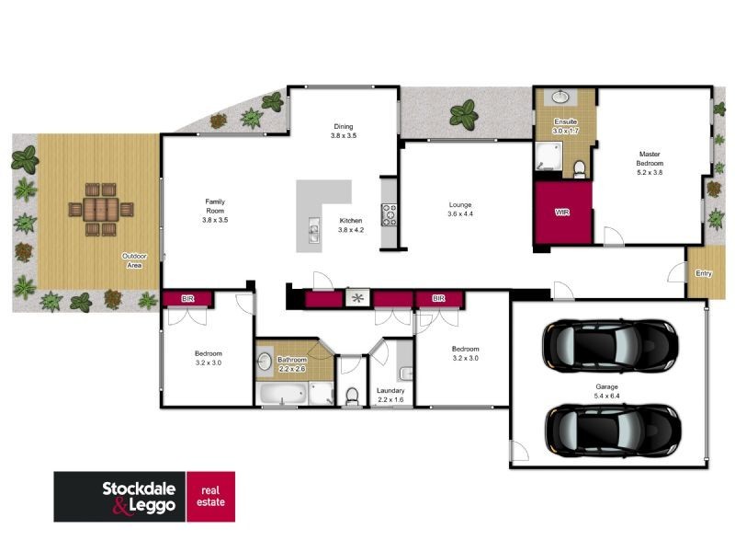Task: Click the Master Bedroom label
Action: [x=650, y=163]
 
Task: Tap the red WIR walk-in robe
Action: [x=562, y=213]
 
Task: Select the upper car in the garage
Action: [x=611, y=344]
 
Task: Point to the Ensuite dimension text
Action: [x=566, y=132]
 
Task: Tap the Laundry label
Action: [x=390, y=396]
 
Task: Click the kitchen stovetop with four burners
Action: [x=389, y=213]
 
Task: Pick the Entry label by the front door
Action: [x=703, y=273]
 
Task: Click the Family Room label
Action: [x=215, y=211]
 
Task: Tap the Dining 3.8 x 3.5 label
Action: [x=343, y=131]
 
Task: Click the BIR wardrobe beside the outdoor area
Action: [x=187, y=299]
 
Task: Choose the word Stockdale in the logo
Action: [x=119, y=487]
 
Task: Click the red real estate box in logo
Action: [x=210, y=497]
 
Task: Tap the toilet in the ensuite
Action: [x=579, y=167]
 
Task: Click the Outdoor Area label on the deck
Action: [x=134, y=261]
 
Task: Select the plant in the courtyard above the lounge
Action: [x=464, y=115]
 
